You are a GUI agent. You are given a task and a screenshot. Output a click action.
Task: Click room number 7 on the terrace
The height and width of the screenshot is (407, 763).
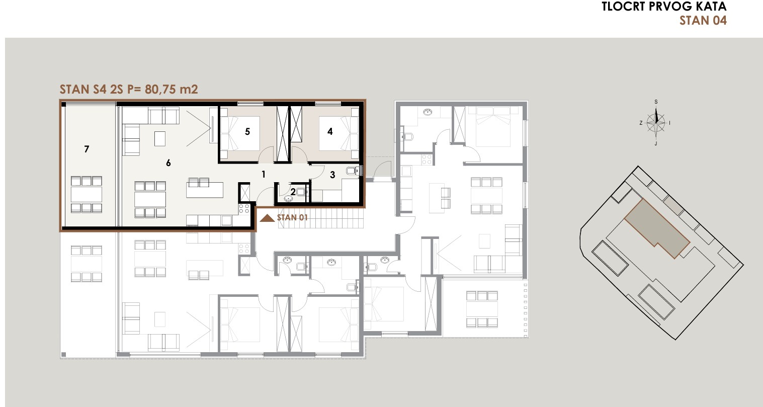pos(87,149)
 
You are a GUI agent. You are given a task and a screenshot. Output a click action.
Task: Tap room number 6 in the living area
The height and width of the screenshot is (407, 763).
pos(168,163)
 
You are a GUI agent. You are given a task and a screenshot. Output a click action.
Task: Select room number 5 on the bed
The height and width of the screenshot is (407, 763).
pos(247,131)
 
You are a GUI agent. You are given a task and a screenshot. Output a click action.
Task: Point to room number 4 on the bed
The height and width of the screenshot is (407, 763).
pos(330,131)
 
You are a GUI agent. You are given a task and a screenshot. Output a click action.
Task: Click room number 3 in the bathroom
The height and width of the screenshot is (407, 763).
pos(332,175)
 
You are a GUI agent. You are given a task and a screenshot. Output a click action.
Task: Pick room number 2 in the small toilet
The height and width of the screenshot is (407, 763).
pos(293,192)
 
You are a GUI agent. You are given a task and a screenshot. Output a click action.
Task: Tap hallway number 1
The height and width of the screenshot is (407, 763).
pos(264,175)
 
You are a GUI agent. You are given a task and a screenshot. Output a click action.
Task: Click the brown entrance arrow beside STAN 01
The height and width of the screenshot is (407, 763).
pos(268,218)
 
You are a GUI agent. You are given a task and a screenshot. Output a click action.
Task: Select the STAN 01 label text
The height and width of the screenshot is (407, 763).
pos(292,218)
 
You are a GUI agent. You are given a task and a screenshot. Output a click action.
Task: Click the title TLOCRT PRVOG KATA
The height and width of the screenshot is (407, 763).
pos(664,7)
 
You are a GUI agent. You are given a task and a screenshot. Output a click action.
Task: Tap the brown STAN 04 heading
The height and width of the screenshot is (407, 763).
pos(703,21)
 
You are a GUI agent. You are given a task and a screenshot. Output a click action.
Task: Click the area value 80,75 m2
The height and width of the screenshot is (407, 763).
pos(172,89)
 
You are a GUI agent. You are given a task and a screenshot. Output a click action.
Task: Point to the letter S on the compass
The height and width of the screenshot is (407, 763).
pos(656,102)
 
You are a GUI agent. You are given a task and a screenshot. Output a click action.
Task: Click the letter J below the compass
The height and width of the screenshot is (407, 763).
pos(656,143)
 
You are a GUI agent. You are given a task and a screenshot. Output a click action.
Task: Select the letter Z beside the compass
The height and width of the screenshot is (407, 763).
pos(641,123)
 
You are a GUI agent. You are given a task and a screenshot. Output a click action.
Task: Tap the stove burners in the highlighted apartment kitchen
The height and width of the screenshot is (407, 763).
pos(244,209)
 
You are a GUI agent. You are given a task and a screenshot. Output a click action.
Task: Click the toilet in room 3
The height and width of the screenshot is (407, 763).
pos(352,170)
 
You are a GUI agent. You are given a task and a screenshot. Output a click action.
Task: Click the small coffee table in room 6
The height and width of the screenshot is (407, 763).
pos(160,139)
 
